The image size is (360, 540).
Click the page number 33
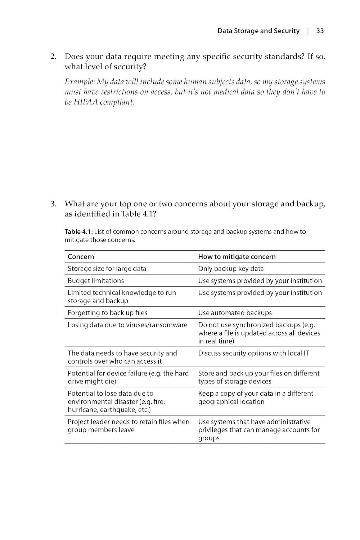(320, 31)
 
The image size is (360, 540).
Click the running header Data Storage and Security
(258, 31)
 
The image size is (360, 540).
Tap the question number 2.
(53, 57)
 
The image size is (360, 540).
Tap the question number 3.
(53, 204)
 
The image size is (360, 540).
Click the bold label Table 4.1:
(79, 231)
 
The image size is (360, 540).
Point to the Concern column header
(81, 257)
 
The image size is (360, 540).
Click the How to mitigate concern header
(237, 257)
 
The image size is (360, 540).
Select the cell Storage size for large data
(107, 269)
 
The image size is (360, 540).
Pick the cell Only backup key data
(231, 269)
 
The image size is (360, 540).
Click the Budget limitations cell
(96, 281)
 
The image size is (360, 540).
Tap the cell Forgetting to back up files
(107, 313)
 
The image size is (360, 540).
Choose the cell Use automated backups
(235, 313)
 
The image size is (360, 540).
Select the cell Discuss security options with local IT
(253, 353)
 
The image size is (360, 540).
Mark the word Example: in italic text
(80, 82)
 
